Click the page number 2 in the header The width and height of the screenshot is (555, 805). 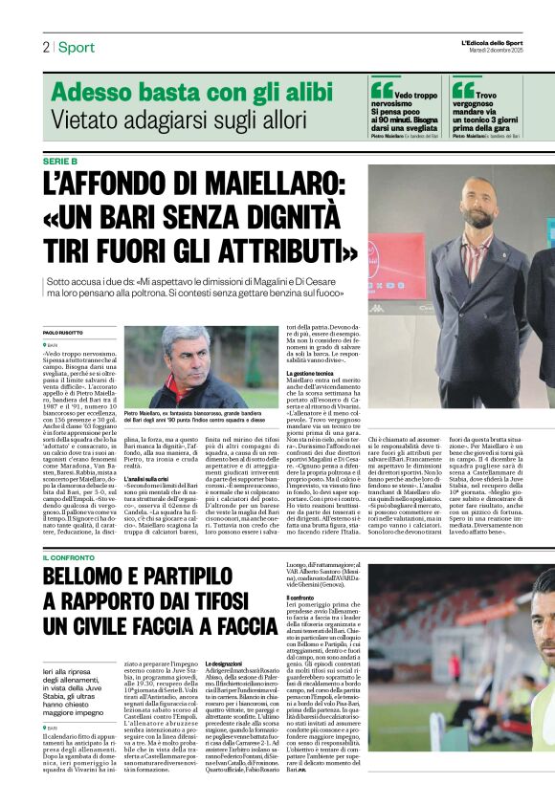click(x=45, y=47)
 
